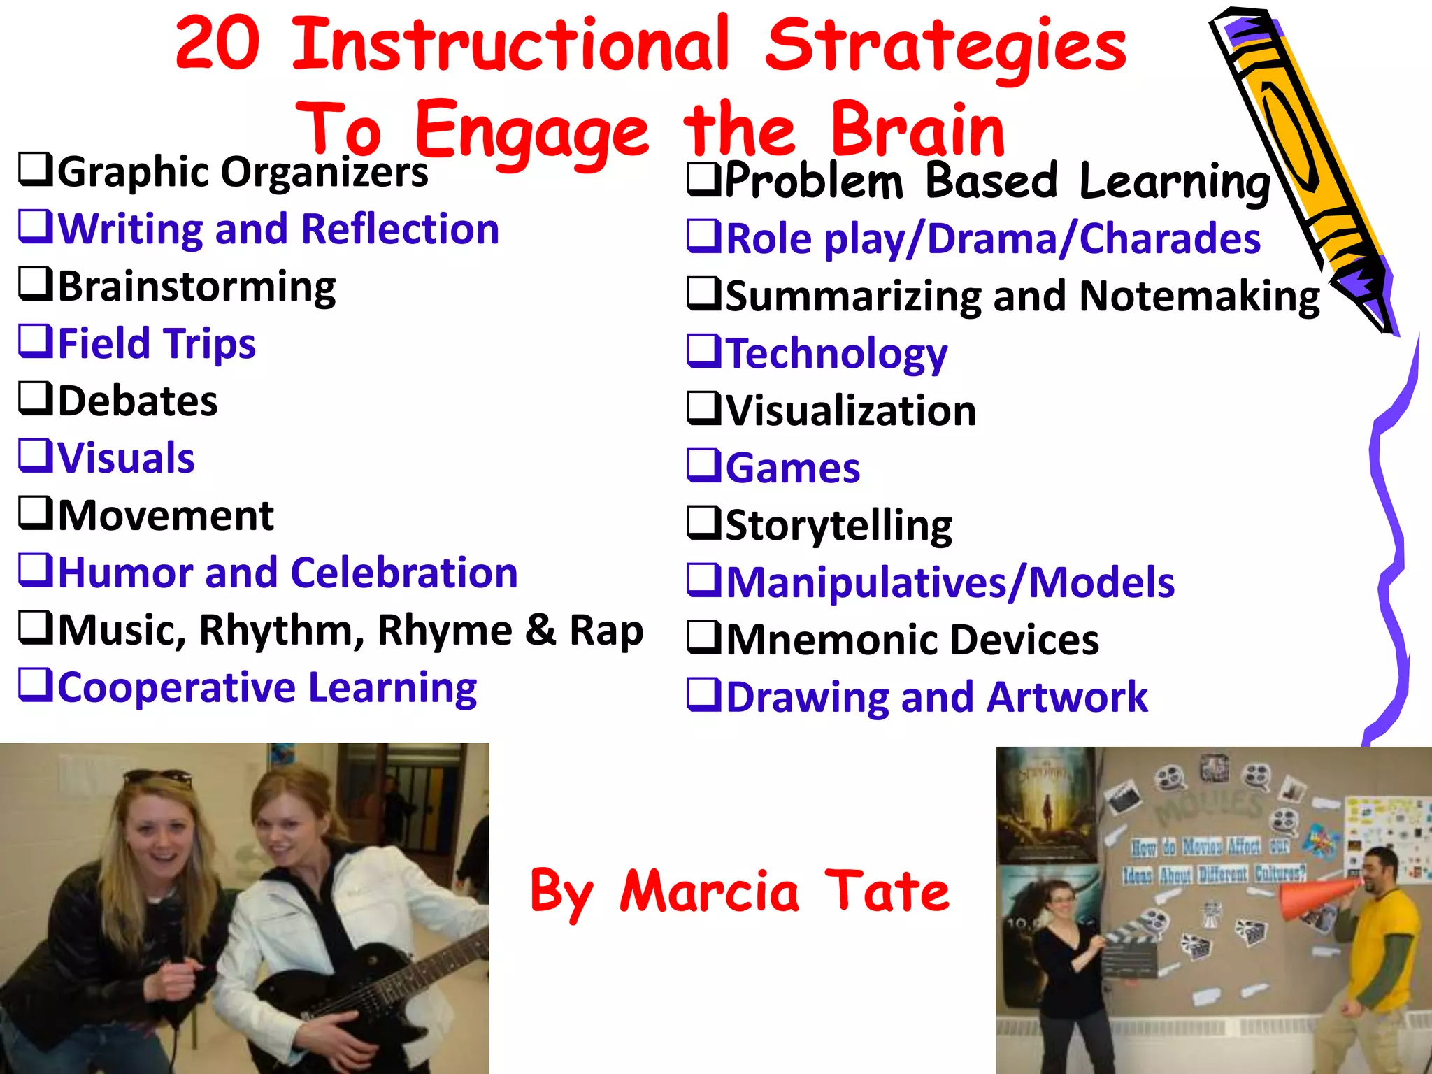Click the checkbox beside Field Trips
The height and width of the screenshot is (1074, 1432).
pos(36,341)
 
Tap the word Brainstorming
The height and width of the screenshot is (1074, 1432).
pos(196,287)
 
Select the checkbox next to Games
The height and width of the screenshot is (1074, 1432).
pos(704,466)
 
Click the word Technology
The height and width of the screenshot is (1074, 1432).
pos(837,353)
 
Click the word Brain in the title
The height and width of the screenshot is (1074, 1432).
pos(917,130)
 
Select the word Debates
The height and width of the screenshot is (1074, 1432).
pos(138,401)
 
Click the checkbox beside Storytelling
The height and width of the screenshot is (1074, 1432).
pos(704,523)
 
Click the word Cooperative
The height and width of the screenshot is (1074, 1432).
pos(176,687)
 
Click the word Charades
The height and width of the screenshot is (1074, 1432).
pos(1170,238)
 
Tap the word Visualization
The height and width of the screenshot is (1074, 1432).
pos(851,410)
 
